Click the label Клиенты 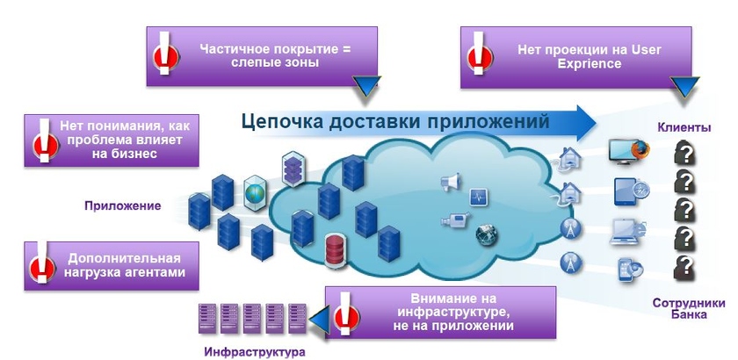(684, 128)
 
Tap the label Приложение (123, 206)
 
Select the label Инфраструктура (253, 352)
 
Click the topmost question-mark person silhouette (686, 155)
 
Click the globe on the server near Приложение (256, 191)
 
